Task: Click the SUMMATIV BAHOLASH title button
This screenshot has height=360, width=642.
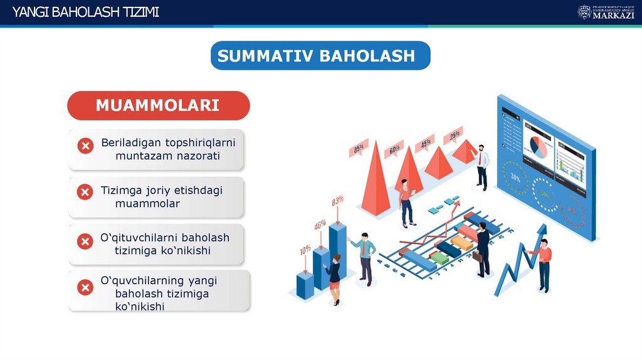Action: tap(320, 56)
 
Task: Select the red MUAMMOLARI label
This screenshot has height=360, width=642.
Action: tap(158, 105)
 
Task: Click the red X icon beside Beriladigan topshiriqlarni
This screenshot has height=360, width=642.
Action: tap(85, 146)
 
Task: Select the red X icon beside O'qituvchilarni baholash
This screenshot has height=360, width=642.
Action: tap(85, 241)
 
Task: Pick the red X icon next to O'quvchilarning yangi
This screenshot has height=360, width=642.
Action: tap(85, 288)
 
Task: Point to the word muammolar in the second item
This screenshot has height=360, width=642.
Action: tap(147, 204)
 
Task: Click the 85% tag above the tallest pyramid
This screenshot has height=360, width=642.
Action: tap(359, 149)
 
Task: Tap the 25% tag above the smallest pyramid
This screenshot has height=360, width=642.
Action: tap(455, 134)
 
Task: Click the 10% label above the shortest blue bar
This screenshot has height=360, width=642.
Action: tap(305, 250)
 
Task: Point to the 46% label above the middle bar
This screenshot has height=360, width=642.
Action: tap(320, 225)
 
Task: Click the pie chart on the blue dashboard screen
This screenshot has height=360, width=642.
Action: tap(537, 146)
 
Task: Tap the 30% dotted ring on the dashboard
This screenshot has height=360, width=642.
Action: tap(516, 177)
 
